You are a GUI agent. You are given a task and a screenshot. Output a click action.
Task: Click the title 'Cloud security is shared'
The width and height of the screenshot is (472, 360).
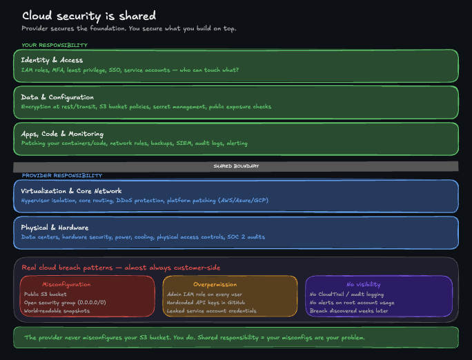coord(88,16)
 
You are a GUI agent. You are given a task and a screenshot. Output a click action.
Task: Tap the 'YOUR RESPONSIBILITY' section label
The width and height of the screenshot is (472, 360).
coord(55,45)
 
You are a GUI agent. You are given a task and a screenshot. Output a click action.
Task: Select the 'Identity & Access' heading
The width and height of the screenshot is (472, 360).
coord(52,60)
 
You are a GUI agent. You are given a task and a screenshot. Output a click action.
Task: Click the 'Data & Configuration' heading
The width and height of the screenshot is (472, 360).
coord(57,97)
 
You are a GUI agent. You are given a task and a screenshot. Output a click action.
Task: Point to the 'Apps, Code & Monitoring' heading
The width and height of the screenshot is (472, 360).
coord(62,134)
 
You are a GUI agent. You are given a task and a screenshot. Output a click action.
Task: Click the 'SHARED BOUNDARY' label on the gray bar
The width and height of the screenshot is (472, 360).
coord(236,166)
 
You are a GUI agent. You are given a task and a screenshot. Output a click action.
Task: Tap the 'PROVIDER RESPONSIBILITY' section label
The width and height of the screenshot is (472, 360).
coord(61,176)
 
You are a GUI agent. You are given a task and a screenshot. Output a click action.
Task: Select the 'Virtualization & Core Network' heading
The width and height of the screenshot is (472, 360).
coord(71,191)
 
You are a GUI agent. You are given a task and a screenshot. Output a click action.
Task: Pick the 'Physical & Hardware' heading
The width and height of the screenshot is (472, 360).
coord(55,228)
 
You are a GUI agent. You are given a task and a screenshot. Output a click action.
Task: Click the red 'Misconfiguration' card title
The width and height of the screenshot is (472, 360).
coord(66,284)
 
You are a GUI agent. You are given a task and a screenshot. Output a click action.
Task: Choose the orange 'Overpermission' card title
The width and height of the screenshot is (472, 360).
coord(215,284)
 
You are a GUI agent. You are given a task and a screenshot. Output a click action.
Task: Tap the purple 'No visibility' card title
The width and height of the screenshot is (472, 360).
coord(363,284)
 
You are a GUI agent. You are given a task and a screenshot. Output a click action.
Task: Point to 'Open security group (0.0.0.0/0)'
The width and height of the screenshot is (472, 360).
coord(65,302)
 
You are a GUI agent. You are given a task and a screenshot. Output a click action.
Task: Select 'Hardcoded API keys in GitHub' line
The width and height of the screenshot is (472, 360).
coord(206,302)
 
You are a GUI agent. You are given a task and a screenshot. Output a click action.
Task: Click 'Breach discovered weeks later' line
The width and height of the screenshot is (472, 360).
coord(348,311)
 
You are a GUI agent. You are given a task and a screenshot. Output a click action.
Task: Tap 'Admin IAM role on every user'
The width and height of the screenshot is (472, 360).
coord(205,294)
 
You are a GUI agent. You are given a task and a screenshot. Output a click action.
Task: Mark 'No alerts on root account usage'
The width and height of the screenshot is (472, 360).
coord(352,302)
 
